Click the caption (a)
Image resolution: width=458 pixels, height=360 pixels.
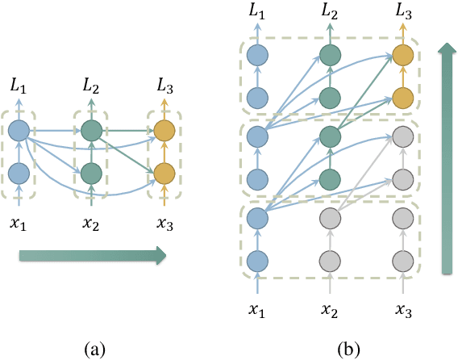[95, 349]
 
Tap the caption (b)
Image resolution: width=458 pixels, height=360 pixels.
[348, 349]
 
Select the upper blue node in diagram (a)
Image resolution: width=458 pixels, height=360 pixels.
[20, 129]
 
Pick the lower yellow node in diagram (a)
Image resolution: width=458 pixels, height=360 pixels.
[164, 173]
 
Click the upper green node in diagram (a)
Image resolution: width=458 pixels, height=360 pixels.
[92, 129]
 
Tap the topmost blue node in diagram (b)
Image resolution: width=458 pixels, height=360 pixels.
[257, 55]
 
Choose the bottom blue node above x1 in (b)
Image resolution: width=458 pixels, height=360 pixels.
[257, 261]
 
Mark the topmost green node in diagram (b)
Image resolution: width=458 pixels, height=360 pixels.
[329, 55]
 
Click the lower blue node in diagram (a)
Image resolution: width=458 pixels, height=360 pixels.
[20, 173]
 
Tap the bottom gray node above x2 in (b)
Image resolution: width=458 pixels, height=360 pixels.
[329, 261]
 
